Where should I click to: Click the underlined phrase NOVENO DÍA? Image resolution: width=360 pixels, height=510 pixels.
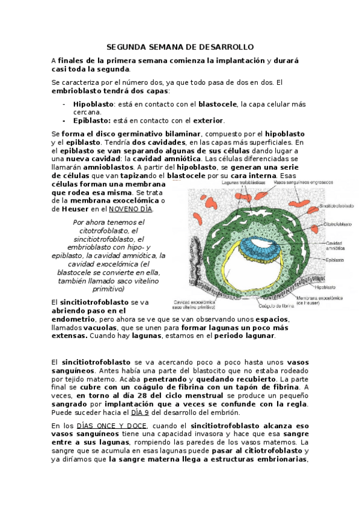130,209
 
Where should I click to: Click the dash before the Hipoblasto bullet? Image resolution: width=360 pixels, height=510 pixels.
64,103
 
